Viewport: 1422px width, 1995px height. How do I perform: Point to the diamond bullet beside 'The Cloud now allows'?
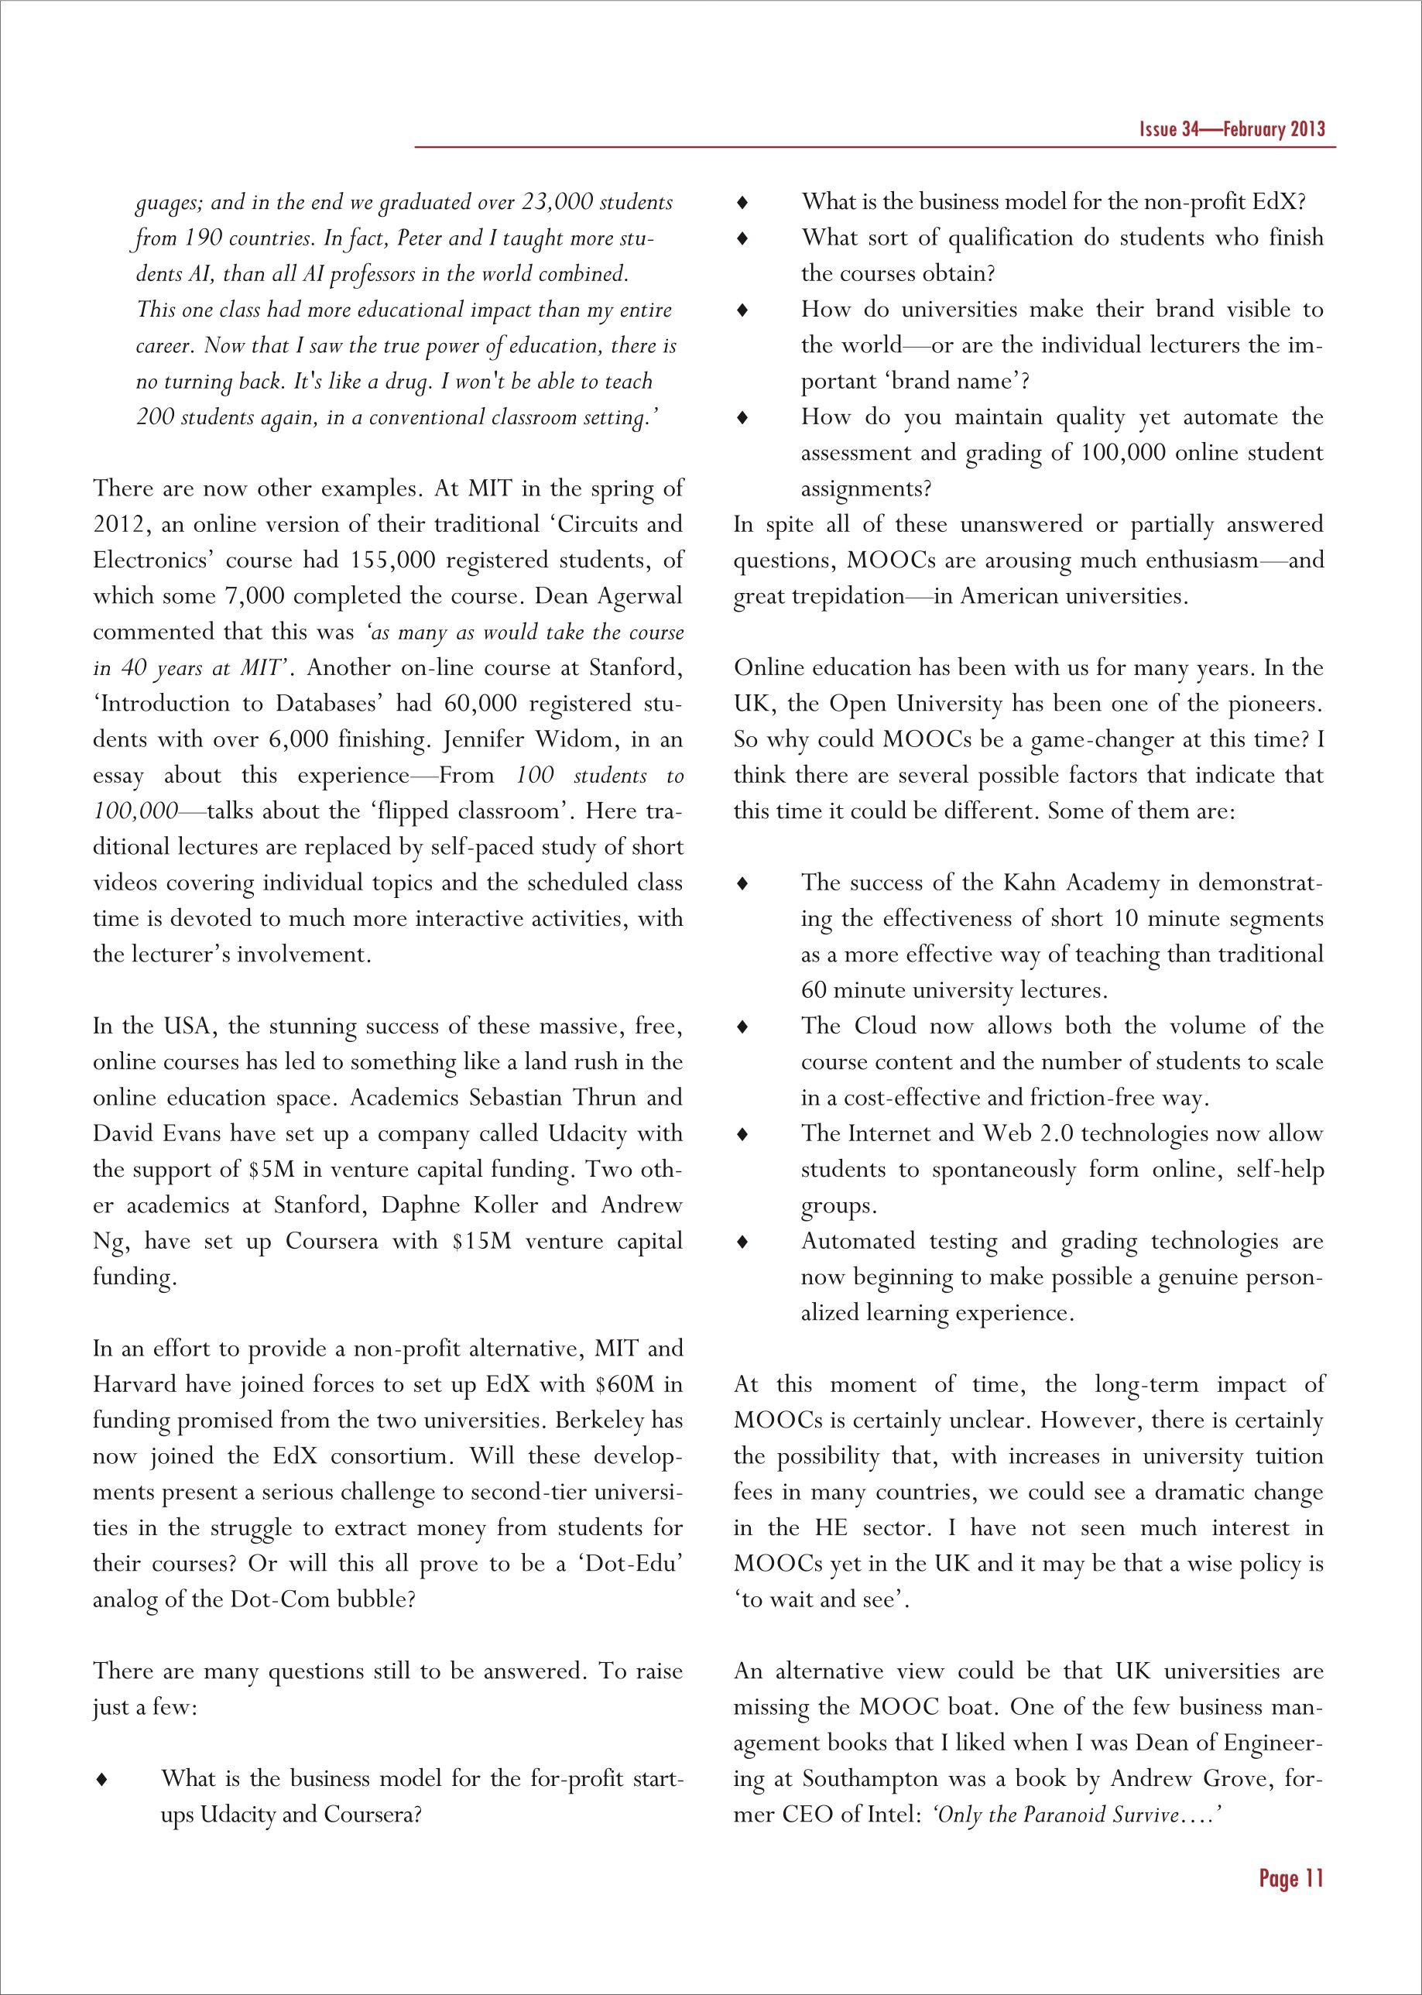point(742,1027)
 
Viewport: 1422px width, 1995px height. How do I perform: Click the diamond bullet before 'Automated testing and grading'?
point(742,1242)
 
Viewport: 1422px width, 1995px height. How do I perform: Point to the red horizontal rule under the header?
point(875,147)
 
